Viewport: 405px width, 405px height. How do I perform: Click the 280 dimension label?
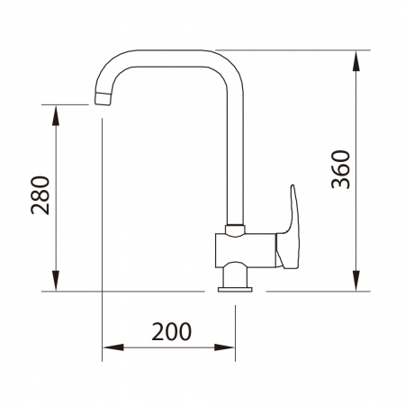click(x=40, y=195)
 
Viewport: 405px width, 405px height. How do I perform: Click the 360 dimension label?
click(x=340, y=169)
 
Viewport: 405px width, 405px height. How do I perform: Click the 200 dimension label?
click(x=171, y=331)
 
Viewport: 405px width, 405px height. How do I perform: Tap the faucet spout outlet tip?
click(x=103, y=99)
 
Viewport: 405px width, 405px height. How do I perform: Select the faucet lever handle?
click(x=289, y=231)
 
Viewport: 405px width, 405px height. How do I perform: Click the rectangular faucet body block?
click(x=246, y=250)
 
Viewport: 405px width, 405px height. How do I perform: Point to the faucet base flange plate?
click(x=235, y=289)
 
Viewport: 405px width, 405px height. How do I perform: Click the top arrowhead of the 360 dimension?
click(x=356, y=61)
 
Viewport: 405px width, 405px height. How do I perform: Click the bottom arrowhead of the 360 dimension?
click(x=356, y=281)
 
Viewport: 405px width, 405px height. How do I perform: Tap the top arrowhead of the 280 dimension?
click(x=56, y=115)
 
